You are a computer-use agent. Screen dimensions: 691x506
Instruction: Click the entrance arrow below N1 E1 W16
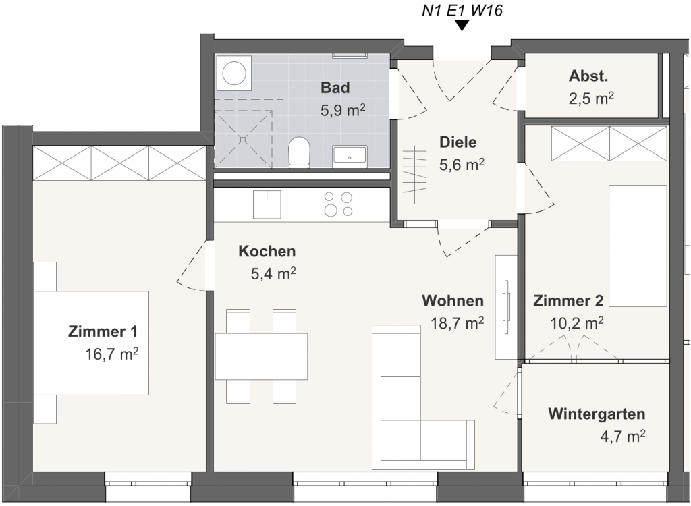462,26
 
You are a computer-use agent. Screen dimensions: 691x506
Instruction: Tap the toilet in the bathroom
299,152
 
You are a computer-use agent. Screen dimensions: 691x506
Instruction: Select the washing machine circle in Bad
234,73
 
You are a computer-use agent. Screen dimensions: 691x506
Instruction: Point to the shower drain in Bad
243,139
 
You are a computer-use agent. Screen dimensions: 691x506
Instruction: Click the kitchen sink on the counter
267,204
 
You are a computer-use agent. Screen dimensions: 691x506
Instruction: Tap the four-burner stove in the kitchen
338,204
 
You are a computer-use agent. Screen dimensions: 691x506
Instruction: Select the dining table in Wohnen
261,357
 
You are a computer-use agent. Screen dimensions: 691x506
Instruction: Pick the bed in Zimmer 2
638,246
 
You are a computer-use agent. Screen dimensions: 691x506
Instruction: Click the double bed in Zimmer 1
91,343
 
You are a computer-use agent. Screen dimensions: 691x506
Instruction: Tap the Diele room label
458,142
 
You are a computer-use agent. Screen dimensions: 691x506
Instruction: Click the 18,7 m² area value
457,322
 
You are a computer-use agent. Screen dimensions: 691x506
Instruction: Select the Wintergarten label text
597,414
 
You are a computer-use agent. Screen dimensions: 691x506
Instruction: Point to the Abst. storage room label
588,76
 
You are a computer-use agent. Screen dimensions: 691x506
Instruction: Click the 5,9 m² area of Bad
342,110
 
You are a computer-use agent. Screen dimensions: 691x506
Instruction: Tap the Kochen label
267,251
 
